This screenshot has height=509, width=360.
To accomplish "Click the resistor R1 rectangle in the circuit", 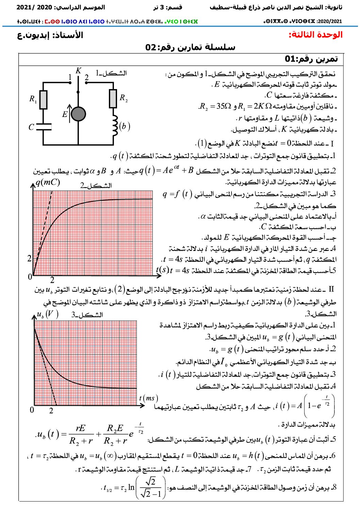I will [43, 100].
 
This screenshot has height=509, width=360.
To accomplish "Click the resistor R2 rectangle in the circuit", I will [113, 99].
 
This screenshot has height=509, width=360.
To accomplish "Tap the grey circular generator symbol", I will [79, 114].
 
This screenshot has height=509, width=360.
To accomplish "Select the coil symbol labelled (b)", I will [115, 126].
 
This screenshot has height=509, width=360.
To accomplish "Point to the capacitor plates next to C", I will [44, 127].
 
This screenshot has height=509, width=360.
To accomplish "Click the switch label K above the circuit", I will [78, 71].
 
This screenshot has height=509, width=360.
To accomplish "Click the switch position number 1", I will [70, 78].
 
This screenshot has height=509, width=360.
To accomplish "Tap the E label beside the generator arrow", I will [65, 115].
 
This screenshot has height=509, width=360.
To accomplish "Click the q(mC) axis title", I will [48, 183].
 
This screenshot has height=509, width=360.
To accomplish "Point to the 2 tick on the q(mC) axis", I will [30, 258].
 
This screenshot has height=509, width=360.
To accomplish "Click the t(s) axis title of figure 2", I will [163, 270].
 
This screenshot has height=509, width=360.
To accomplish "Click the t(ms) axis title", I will [148, 398].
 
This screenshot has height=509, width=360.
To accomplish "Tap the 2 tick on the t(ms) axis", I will [51, 411].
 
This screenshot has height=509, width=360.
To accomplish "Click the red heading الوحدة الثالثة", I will [315, 35].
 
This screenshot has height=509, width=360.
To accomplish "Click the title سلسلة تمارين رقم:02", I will [190, 47].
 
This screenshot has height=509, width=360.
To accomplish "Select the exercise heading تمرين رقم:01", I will [311, 59].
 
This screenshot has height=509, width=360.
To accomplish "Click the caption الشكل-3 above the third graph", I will [87, 315].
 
